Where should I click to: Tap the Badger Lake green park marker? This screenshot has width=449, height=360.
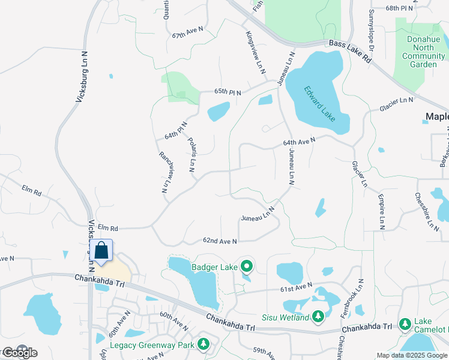(x=246, y=265)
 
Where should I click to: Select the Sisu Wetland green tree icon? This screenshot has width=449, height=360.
(x=318, y=316)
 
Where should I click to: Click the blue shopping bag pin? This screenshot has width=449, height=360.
(x=101, y=251)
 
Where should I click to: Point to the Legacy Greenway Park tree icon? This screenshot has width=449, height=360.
(x=204, y=344)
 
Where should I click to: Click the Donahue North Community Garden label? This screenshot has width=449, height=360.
(x=423, y=52)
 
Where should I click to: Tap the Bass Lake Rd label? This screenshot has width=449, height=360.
(x=351, y=53)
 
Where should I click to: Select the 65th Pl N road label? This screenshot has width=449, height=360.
(x=228, y=92)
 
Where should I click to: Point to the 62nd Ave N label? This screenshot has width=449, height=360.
(x=220, y=241)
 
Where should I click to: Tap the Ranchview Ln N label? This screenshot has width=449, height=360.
(x=163, y=171)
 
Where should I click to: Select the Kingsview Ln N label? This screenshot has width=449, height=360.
(x=255, y=53)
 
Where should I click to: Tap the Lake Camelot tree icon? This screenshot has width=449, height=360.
(x=405, y=324)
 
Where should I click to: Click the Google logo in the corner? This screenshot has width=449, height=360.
(x=19, y=353)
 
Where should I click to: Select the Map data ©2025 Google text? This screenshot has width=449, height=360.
(x=412, y=355)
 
